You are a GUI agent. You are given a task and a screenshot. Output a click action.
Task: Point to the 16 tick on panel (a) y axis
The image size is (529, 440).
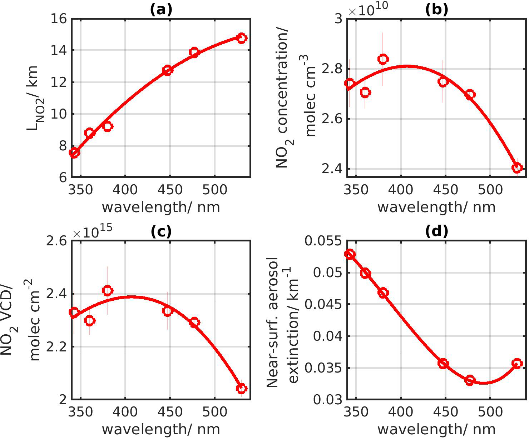tap(59, 19)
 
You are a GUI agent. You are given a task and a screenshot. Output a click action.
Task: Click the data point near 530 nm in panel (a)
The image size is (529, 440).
tap(242, 38)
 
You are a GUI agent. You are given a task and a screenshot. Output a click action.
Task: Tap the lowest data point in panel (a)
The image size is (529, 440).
tap(74, 153)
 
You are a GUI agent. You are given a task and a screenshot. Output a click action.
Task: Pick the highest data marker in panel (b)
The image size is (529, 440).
tap(383, 59)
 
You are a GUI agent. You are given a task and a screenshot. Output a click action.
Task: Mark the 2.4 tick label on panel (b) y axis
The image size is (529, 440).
tap(331, 169)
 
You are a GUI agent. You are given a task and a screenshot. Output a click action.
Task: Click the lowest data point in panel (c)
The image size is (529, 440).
tap(242, 388)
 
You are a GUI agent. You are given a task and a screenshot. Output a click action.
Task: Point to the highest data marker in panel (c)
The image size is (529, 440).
tap(108, 291)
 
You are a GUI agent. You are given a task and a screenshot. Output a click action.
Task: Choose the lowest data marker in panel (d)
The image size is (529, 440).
tap(470, 380)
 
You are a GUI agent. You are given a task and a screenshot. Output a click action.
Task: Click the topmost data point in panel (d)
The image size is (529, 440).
tap(350, 254)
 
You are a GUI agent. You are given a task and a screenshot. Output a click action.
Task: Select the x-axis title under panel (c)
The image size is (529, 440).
tap(161, 429)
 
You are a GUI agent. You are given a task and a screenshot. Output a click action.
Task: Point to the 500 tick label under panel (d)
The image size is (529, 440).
tap(490, 412)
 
